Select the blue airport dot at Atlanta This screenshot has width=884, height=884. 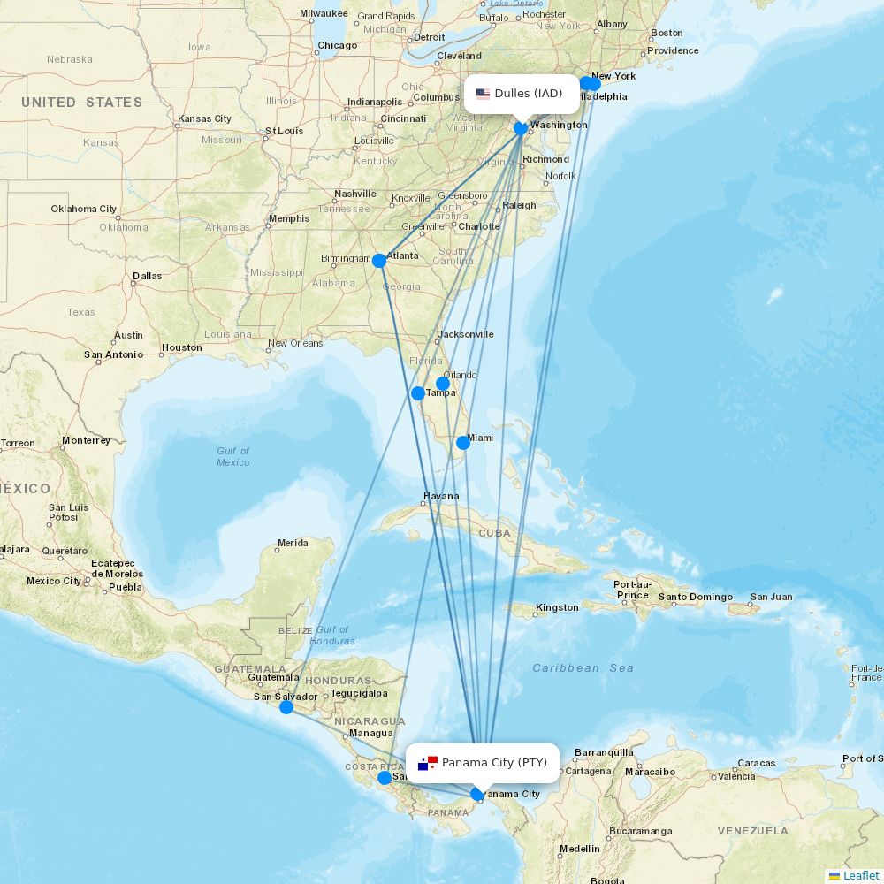pos(379,260)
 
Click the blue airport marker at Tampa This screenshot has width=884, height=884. pos(418,392)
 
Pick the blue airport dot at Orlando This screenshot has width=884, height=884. pos(443,384)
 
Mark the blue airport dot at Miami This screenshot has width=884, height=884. pos(463,442)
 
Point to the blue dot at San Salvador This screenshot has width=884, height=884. pos(286,707)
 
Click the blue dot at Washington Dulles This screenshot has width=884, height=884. pos(521,128)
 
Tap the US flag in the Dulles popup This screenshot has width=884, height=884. pos(483,94)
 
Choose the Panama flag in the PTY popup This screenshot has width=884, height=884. pos(428,762)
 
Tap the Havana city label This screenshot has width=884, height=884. pos(441,496)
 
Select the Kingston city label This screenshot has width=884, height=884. pos(558,607)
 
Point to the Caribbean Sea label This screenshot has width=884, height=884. pos(583,668)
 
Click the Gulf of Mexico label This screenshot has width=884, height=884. pos(233,456)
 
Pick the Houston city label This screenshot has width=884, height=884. pos(182,347)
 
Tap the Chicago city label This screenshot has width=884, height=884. pos(338,45)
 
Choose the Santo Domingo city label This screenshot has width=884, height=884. pos(696,597)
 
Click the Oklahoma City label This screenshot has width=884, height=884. pos(84,210)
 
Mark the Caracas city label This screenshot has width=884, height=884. pos(757,762)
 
